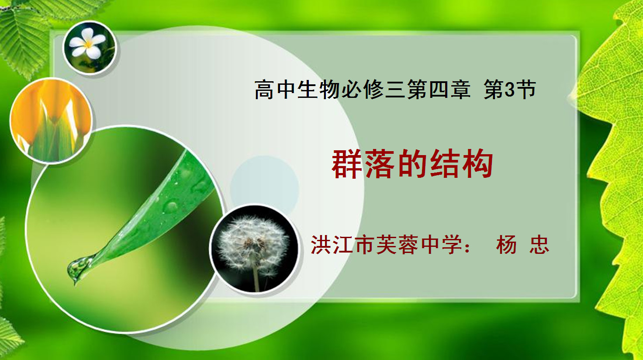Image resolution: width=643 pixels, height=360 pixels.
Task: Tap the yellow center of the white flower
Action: tap(87, 44)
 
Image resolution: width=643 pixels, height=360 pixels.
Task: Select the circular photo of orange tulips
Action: tap(51, 121)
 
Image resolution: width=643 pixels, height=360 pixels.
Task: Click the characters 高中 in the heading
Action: tap(275, 90)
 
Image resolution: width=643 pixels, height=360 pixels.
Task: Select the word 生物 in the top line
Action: tap(318, 90)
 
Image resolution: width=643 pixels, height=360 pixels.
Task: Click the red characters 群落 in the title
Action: tap(363, 164)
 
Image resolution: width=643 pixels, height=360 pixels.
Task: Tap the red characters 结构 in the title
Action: tap(462, 164)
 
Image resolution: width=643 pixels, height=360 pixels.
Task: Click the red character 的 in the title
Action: tap(412, 164)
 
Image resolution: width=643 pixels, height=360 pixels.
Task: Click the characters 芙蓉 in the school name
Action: tap(397, 245)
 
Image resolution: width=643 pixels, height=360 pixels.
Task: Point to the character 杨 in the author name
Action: tap(506, 245)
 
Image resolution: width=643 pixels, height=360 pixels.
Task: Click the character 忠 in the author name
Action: tap(539, 245)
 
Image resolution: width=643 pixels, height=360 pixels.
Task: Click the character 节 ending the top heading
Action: tap(526, 90)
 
